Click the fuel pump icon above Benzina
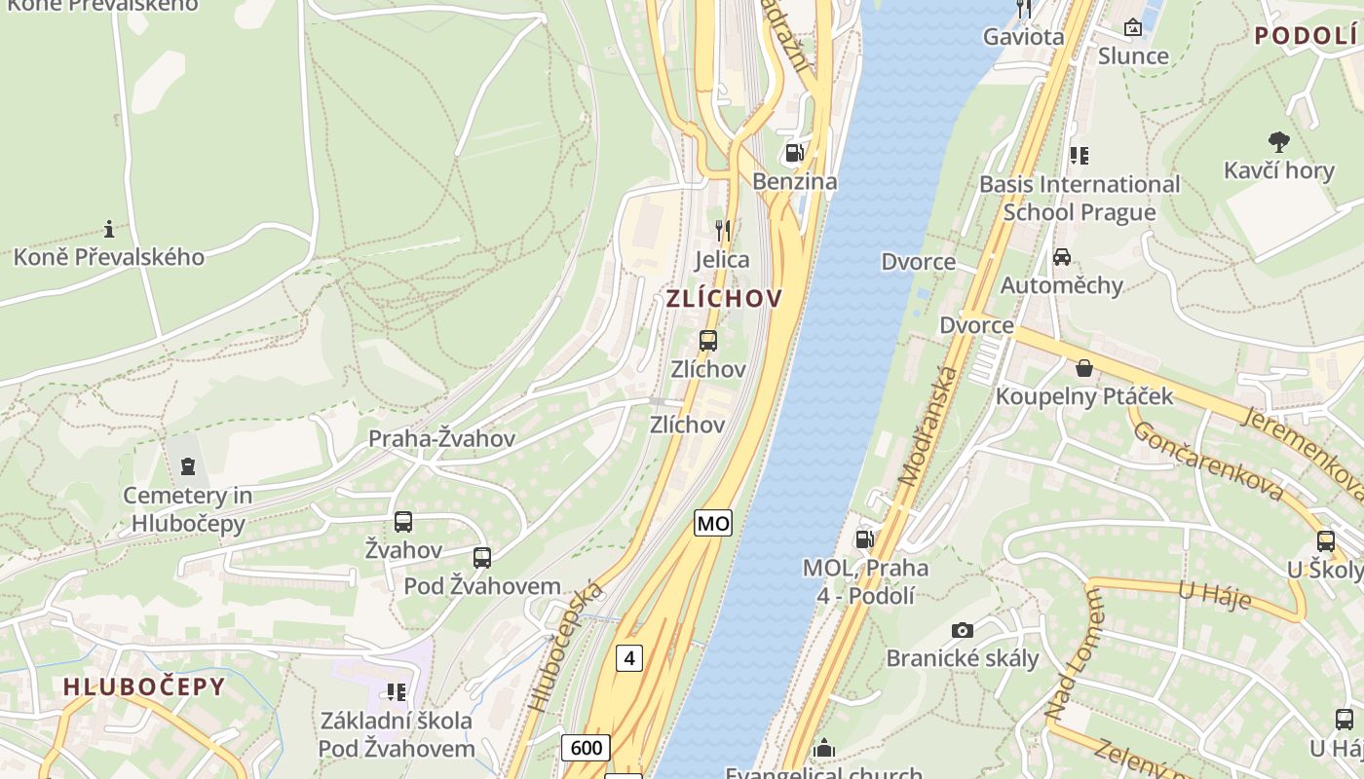(794, 153)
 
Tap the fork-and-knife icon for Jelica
(722, 231)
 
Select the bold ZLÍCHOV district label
(724, 299)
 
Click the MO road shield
(713, 523)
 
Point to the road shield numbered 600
(586, 747)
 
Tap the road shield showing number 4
(629, 658)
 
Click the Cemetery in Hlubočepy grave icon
(188, 466)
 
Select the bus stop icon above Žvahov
(403, 522)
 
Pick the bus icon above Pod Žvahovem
(481, 558)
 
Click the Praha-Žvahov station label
(441, 439)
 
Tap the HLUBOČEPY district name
(144, 686)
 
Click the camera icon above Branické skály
(962, 630)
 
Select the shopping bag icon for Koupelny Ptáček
(1083, 368)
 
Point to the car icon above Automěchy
(1062, 257)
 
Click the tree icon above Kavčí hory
(1278, 142)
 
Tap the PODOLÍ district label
(1306, 36)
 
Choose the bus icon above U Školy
(1325, 541)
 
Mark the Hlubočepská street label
(565, 648)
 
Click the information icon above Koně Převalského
(109, 230)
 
